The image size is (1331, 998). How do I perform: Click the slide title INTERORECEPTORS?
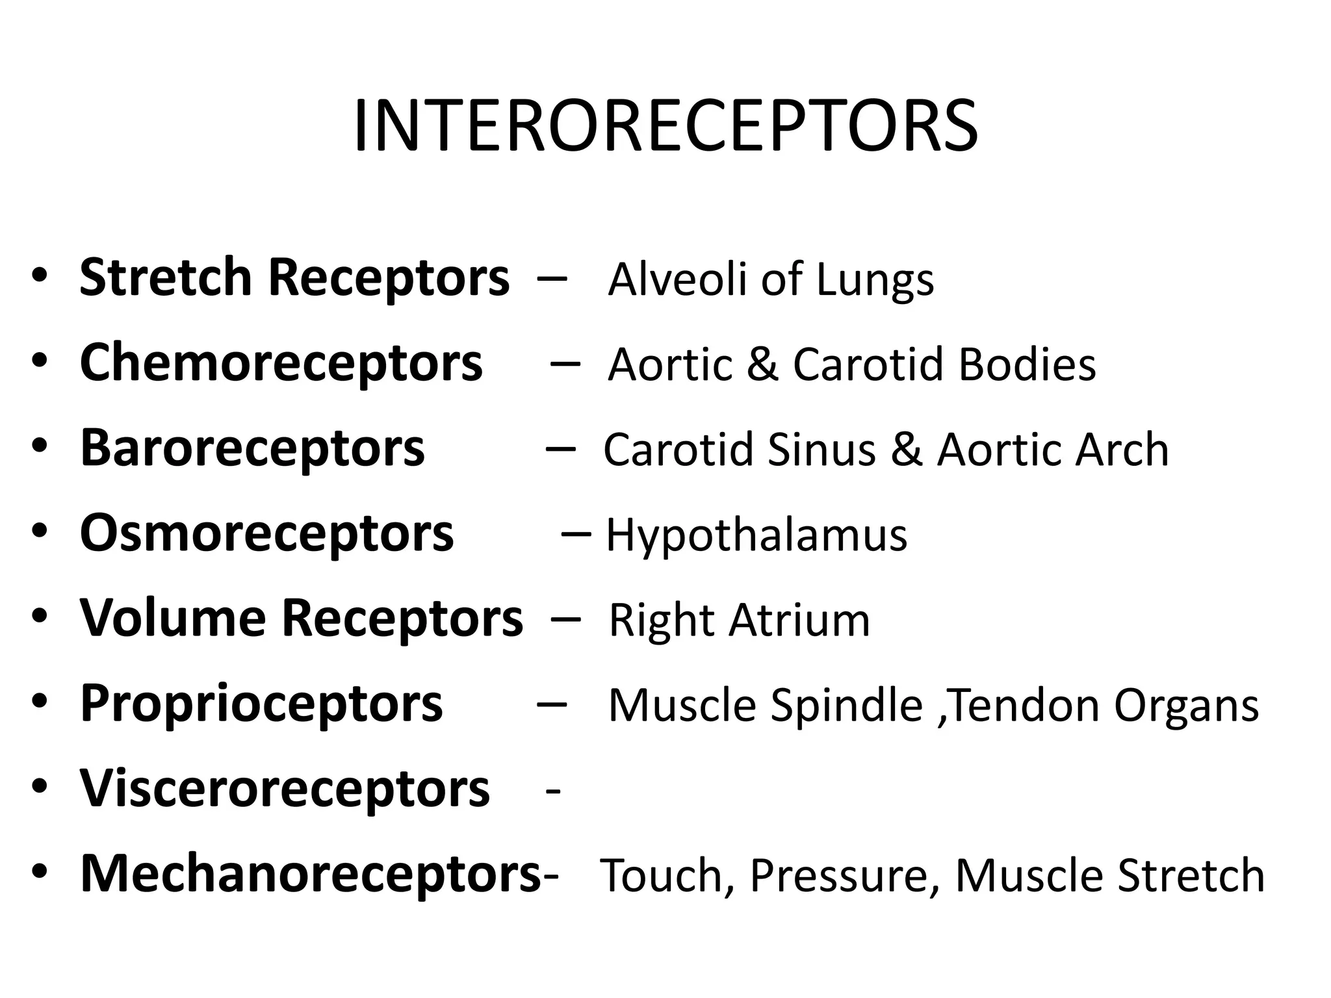point(665,126)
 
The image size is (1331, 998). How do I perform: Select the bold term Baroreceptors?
point(252,448)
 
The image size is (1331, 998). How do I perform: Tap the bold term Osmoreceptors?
point(266,534)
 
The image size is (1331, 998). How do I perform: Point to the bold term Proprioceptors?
point(261,704)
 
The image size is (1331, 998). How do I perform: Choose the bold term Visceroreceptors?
point(285,789)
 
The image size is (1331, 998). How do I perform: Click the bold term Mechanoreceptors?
point(310,875)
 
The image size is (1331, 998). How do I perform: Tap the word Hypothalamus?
point(756,537)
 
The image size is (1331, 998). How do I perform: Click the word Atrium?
point(799,620)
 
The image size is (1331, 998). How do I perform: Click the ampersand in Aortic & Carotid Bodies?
point(762,364)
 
